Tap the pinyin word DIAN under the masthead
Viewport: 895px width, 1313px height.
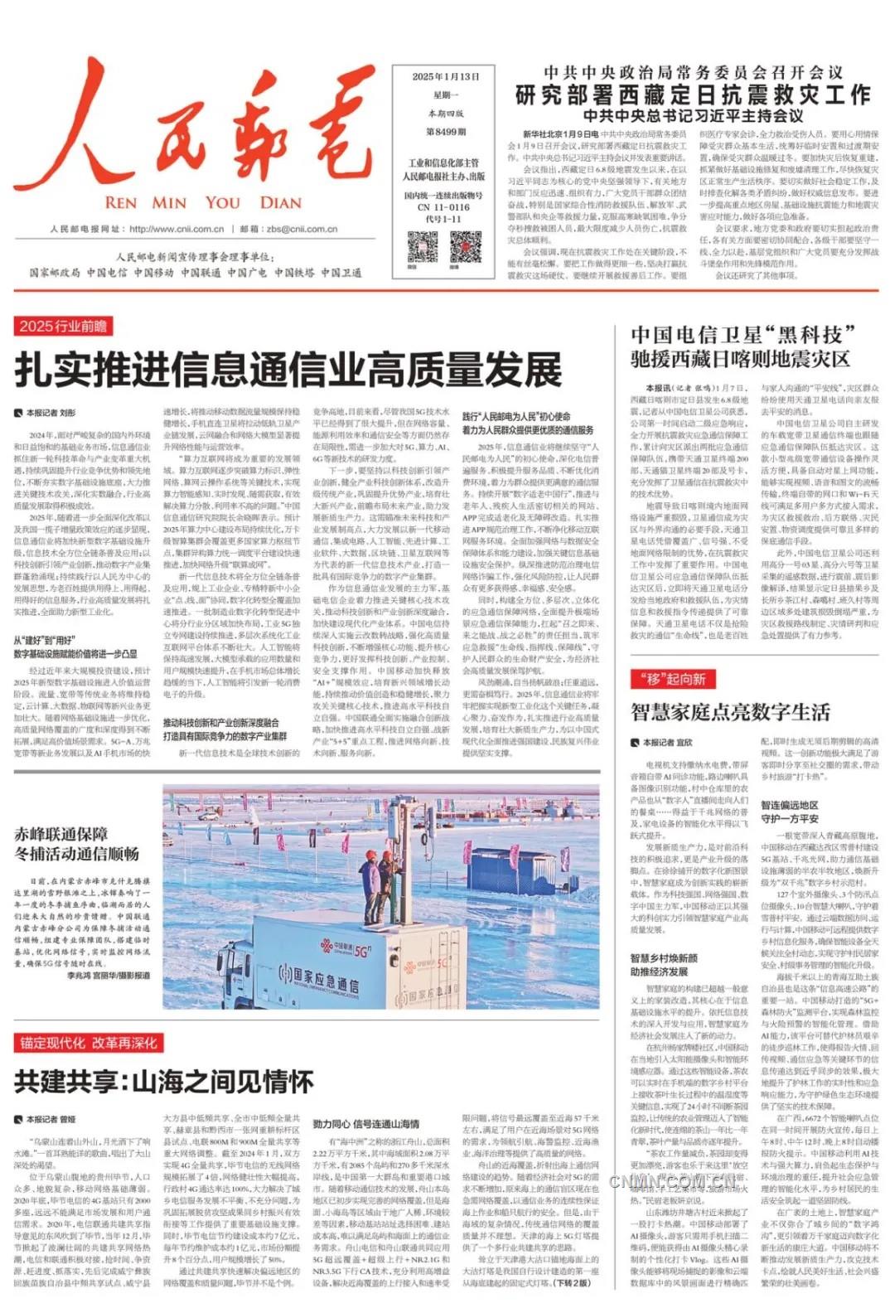point(280,202)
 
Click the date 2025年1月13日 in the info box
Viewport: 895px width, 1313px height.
point(446,76)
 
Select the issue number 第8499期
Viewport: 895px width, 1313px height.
point(446,132)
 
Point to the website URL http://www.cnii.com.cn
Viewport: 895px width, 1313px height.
point(177,230)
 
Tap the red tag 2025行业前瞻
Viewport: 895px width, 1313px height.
point(63,327)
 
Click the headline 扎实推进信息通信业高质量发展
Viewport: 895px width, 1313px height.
point(288,370)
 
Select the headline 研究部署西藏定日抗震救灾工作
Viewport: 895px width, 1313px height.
point(693,94)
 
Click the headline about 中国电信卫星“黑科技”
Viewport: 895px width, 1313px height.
point(740,346)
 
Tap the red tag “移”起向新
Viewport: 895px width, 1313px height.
point(672,679)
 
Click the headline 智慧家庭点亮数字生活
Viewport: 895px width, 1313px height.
point(730,712)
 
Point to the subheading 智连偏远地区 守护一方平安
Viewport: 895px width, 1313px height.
point(790,812)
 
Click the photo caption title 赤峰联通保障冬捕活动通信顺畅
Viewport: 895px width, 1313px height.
point(76,844)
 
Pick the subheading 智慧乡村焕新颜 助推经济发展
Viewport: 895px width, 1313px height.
point(664,965)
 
